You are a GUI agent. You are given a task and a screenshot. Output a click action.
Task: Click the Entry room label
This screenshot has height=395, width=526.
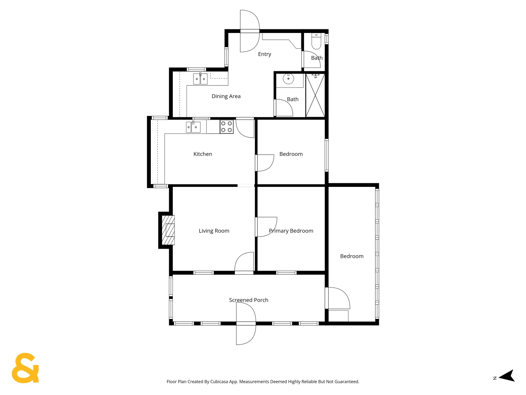click(x=264, y=54)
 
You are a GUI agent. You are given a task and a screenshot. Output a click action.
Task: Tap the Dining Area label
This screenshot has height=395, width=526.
click(x=226, y=96)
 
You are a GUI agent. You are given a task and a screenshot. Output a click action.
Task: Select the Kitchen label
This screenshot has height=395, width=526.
click(x=203, y=154)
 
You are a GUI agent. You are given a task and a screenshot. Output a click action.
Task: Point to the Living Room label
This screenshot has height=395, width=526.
click(x=214, y=231)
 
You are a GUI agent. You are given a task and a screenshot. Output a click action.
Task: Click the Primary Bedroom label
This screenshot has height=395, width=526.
click(x=291, y=231)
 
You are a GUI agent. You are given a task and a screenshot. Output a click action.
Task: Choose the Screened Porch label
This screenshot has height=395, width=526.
click(x=248, y=300)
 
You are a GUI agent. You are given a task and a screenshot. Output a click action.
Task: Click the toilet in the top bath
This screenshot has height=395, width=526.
click(x=316, y=41)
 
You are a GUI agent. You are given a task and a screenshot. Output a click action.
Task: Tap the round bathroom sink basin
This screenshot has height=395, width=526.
click(x=288, y=79)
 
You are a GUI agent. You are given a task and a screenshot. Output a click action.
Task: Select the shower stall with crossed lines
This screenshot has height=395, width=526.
click(x=315, y=95)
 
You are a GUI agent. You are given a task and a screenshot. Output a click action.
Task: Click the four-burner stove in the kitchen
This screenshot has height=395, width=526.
click(x=226, y=127)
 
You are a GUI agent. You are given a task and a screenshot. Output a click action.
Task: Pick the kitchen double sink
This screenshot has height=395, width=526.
click(x=193, y=127)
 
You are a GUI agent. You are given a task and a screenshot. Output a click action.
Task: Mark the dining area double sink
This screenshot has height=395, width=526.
click(x=200, y=79)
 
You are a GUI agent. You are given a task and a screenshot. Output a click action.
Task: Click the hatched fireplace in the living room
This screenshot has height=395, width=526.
click(x=168, y=230)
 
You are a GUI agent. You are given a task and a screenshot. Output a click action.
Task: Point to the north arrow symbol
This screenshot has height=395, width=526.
click(x=507, y=376)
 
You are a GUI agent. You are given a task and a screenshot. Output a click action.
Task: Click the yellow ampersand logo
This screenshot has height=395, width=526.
click(x=25, y=368)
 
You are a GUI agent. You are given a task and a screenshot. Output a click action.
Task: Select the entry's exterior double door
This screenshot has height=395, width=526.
click(x=250, y=31)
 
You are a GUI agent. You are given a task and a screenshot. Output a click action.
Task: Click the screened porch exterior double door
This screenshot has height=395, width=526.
click(x=246, y=324)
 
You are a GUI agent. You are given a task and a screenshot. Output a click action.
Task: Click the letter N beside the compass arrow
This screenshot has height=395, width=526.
click(x=495, y=378)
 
